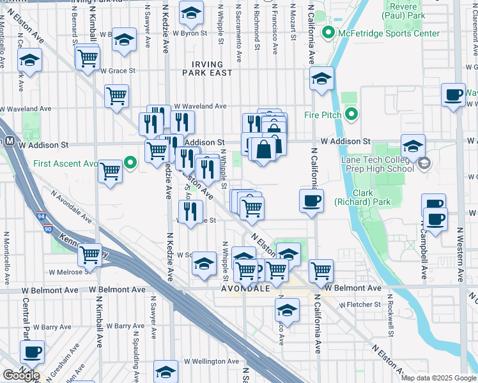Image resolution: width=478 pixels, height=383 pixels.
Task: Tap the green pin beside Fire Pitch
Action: pyautogui.click(x=350, y=115)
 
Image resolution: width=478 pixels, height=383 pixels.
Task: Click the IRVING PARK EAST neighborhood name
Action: pyautogui.click(x=208, y=69)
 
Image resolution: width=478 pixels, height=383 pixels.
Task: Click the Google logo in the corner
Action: pyautogui.click(x=20, y=375)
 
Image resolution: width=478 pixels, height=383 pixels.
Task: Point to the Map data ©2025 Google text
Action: pyautogui.click(x=438, y=378)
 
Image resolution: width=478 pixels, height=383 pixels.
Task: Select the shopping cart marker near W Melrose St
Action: pyautogui.click(x=89, y=254)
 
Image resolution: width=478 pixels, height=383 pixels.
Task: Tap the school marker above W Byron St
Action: pyautogui.click(x=190, y=11)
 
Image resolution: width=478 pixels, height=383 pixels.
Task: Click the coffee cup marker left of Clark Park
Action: pyautogui.click(x=311, y=200)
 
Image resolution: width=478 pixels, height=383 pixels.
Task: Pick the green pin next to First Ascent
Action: pyautogui.click(x=131, y=163)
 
